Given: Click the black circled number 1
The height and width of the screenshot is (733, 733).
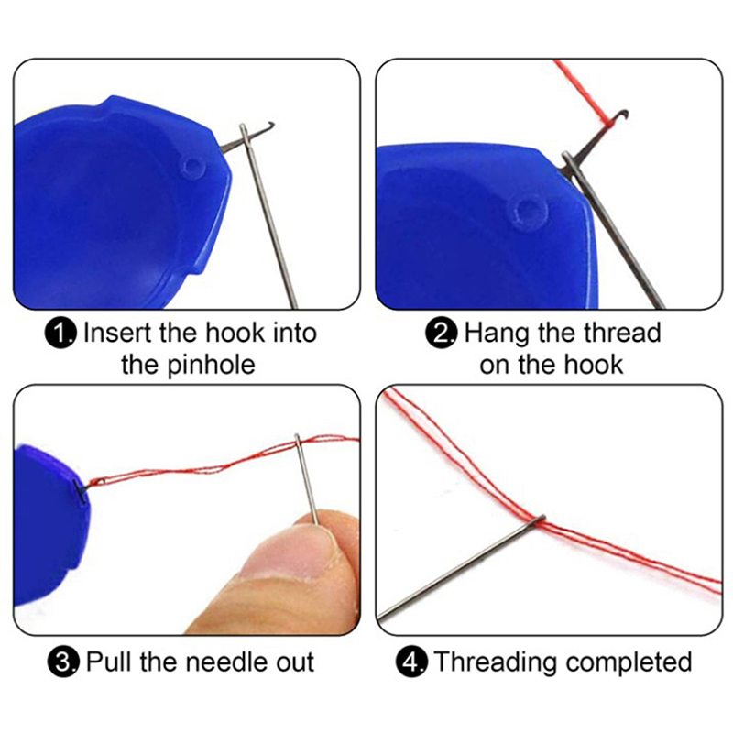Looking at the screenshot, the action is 60,334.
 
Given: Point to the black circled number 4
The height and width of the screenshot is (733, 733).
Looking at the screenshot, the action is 411,662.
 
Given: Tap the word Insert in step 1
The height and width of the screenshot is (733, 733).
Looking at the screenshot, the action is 119,333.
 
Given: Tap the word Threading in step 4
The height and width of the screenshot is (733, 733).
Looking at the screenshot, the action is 497,662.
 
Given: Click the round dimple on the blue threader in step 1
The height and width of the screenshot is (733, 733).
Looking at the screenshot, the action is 192,167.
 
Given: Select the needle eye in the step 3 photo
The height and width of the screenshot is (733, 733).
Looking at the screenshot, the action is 298,443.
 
